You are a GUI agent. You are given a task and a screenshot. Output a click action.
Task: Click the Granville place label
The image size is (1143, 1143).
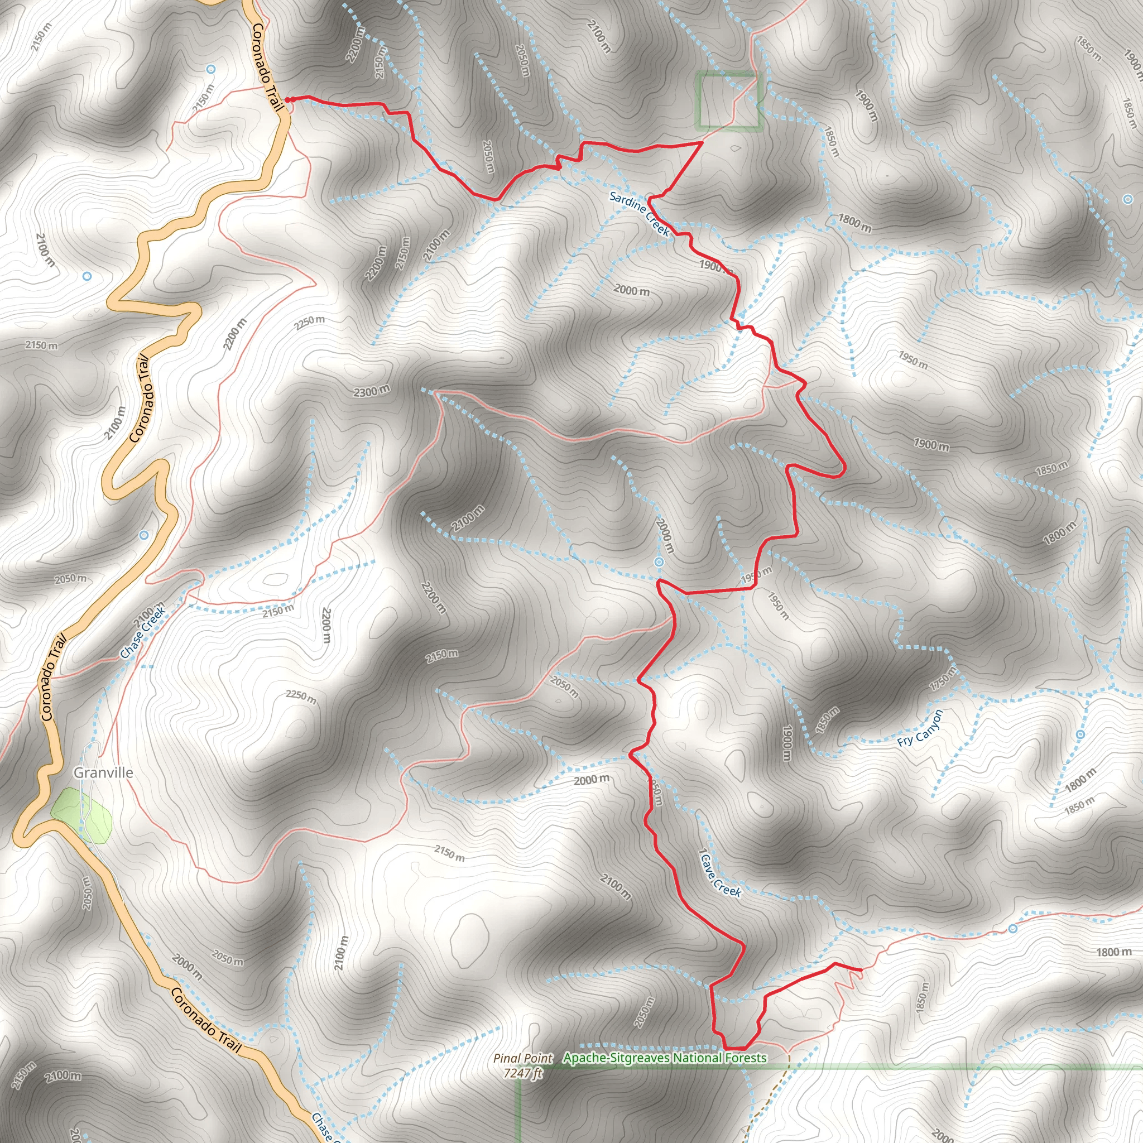click(103, 772)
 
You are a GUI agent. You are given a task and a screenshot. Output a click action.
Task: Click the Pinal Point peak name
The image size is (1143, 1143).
click(523, 1058)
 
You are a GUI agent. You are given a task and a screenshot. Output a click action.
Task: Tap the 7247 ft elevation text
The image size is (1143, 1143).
click(523, 1073)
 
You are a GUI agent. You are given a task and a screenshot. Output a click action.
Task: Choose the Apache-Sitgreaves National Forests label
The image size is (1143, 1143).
click(665, 1058)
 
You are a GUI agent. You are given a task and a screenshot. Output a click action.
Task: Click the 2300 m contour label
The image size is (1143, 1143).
click(372, 391)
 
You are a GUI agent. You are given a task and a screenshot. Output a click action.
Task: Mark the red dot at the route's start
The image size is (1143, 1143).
click(288, 99)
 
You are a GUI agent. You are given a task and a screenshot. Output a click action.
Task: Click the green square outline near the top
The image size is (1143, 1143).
click(727, 100)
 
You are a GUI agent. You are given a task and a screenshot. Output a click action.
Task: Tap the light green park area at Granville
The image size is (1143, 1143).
click(81, 815)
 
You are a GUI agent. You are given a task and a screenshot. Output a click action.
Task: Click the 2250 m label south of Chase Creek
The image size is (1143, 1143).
click(301, 697)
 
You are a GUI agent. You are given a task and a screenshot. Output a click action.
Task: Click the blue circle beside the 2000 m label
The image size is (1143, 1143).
click(659, 561)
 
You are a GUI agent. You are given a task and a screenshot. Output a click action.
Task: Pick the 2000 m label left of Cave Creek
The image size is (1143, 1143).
click(592, 780)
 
